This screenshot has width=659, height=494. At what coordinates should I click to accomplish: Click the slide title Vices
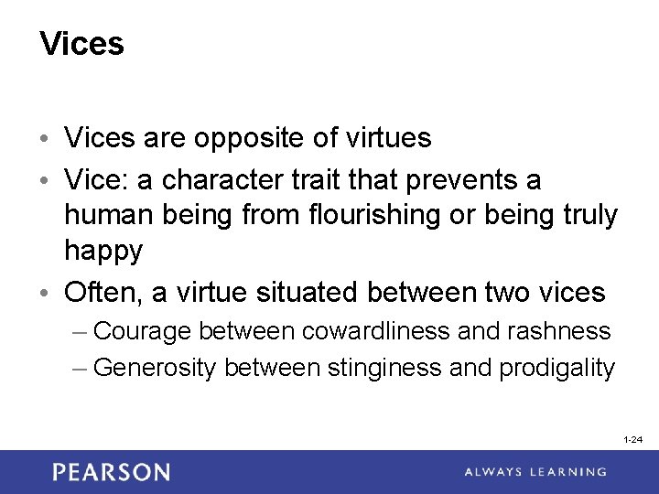tap(82, 44)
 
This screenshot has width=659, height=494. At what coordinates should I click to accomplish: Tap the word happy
tap(103, 250)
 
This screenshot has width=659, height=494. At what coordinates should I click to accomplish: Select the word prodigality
tap(556, 367)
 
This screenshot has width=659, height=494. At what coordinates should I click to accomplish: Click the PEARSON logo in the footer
tap(111, 472)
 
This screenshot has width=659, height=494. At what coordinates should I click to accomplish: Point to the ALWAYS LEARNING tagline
tap(535, 472)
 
